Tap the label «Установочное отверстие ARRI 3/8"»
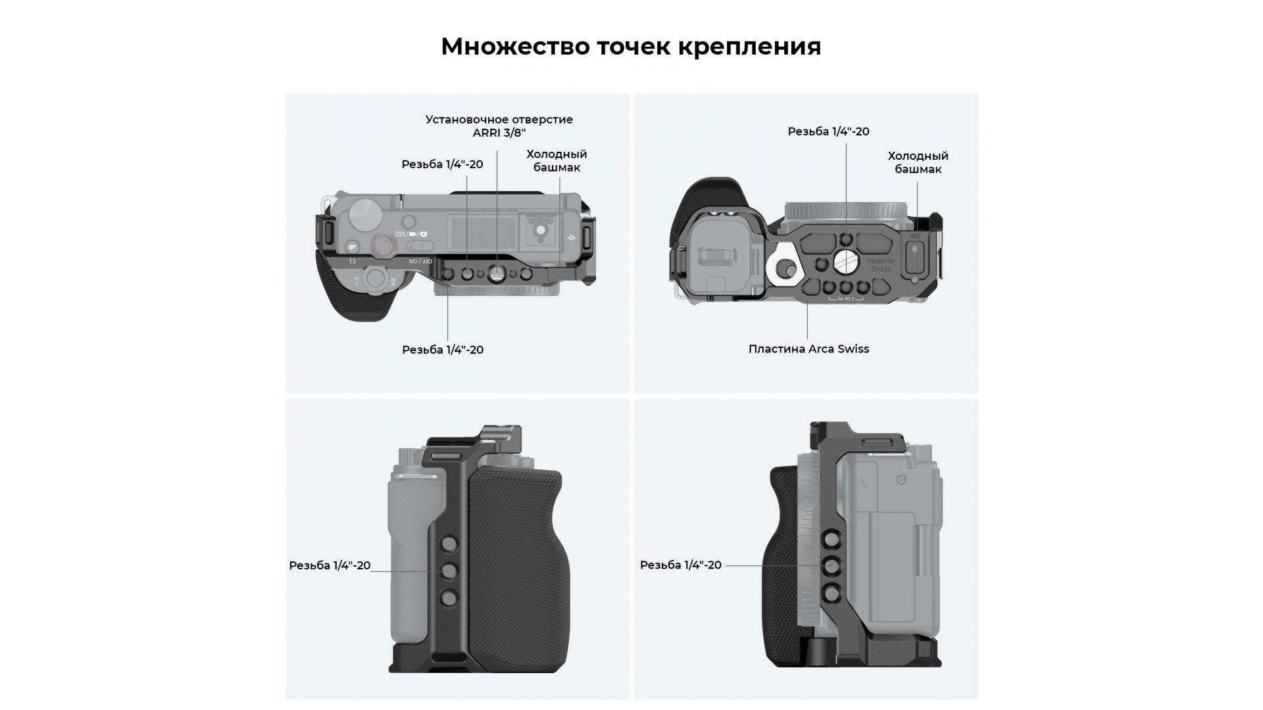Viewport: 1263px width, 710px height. [499, 126]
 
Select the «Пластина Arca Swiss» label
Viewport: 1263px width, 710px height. [808, 349]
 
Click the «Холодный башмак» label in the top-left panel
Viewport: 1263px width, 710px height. [557, 160]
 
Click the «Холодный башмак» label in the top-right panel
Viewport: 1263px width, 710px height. [918, 162]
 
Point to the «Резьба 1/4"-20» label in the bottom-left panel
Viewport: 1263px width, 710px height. [330, 565]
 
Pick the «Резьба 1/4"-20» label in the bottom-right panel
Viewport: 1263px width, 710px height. [681, 565]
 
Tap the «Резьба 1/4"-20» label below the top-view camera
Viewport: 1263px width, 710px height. [443, 350]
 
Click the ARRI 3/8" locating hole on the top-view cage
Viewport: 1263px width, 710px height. [497, 273]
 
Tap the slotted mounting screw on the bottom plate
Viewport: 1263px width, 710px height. [846, 262]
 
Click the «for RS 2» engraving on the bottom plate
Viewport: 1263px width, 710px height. [845, 300]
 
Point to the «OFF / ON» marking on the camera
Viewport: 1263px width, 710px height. [421, 261]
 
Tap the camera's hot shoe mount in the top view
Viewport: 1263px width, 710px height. [540, 230]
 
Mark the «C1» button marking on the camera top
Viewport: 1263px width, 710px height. [352, 261]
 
